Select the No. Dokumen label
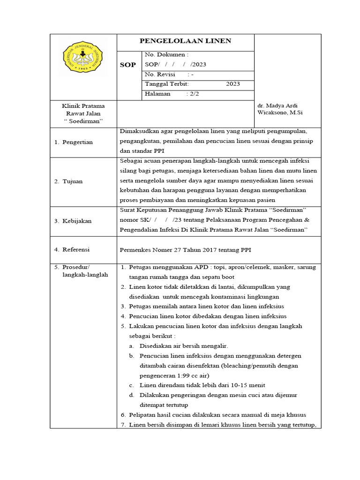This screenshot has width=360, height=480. click(166, 55)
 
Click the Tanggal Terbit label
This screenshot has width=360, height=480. click(166, 84)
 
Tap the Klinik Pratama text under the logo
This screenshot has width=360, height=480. click(83, 106)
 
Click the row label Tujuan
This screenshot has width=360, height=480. click(73, 181)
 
